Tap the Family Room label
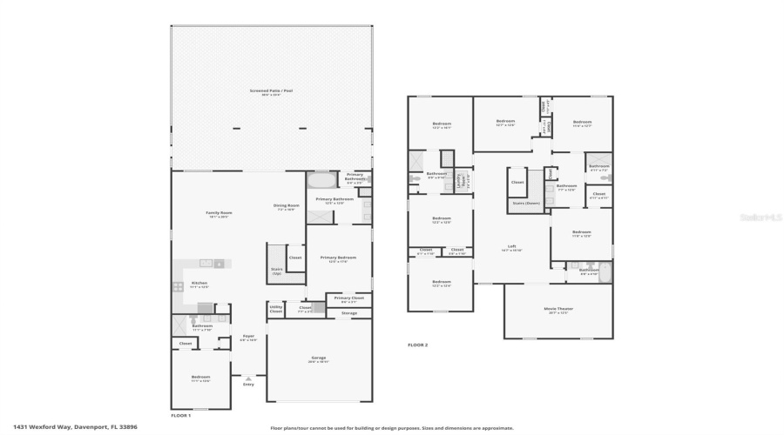click(219, 214)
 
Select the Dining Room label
click(287, 207)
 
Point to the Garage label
click(318, 358)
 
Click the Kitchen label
click(199, 284)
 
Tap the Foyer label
click(248, 338)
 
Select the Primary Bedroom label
click(338, 259)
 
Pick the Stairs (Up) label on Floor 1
click(277, 271)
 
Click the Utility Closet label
click(275, 309)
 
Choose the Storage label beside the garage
click(348, 312)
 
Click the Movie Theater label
click(558, 311)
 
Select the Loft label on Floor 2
click(512, 248)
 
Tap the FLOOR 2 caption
click(418, 345)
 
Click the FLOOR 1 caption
click(180, 415)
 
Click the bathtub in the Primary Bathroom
click(321, 182)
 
